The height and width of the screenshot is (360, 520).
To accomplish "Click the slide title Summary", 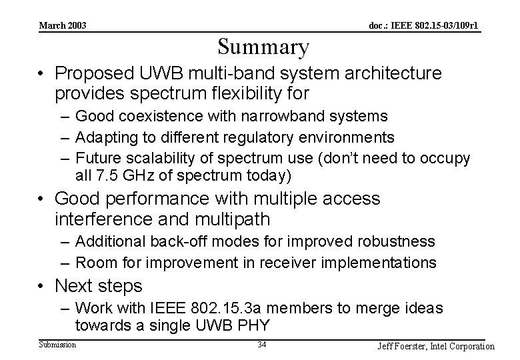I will pos(263,47).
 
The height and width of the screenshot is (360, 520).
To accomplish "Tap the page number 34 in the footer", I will pos(262,345).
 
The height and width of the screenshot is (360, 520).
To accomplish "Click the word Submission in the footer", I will pos(57,344).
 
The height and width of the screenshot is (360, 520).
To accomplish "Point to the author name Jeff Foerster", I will pos(404,346).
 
